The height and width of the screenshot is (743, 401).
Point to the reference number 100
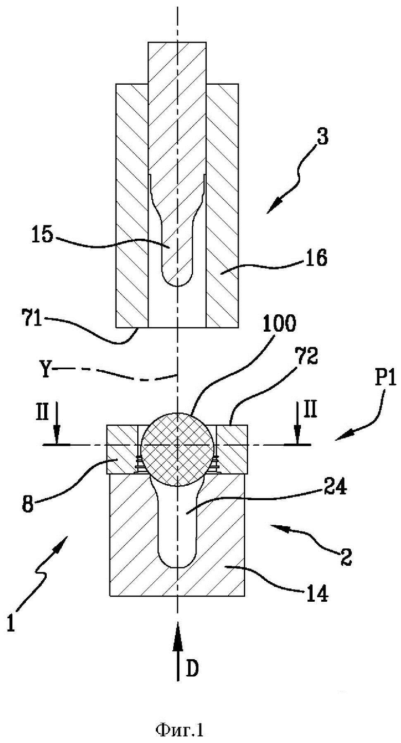[x=279, y=323]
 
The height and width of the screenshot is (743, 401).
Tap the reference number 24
[x=336, y=487]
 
